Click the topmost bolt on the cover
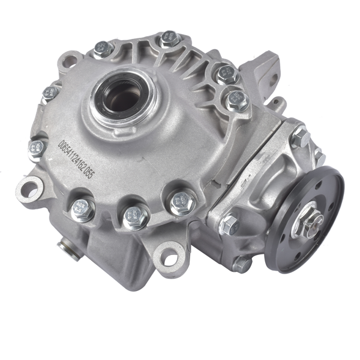[169, 39]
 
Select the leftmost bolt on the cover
[37, 148]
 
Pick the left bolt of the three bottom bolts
[82, 209]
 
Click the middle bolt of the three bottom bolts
[136, 217]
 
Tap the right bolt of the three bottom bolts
[182, 202]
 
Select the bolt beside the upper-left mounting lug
[102, 49]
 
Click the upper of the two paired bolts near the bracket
[226, 74]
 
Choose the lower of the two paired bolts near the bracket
[236, 100]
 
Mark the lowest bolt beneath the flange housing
[241, 263]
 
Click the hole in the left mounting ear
[29, 188]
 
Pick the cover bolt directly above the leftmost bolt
[50, 94]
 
